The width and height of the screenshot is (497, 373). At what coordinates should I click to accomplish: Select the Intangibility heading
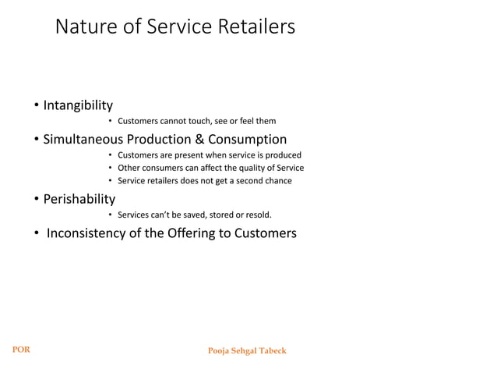point(78,105)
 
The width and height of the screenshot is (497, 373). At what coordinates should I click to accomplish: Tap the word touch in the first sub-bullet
point(196,121)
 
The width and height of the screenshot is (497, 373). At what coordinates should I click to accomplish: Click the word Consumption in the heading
point(249,140)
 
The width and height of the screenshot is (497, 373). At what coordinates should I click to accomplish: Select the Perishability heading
point(79,199)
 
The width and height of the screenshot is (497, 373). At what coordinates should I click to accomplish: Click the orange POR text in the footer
point(20,350)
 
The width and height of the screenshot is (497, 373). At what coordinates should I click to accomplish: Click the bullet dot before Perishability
point(36,200)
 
